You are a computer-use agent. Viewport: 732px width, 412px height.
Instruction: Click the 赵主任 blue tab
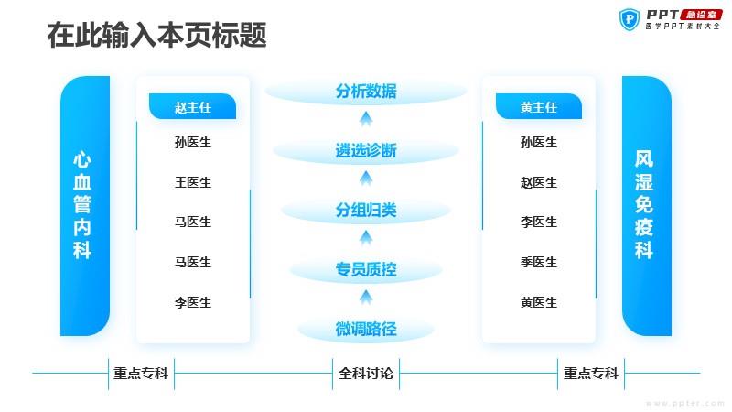click(192, 106)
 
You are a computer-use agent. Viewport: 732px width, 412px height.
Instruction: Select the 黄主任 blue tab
click(539, 106)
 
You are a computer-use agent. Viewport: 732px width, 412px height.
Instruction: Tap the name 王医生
click(193, 182)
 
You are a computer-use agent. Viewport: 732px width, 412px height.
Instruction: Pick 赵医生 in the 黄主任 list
click(539, 182)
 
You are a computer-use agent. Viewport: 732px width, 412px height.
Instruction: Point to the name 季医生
click(539, 262)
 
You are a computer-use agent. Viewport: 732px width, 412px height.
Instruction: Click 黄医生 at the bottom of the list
click(539, 302)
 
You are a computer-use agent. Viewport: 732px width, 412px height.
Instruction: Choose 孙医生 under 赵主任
click(193, 142)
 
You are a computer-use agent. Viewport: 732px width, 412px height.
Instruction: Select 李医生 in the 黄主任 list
click(539, 222)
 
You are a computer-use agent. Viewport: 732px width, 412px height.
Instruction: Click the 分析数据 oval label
click(366, 91)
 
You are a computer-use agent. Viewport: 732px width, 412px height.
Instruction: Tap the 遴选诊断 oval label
click(366, 150)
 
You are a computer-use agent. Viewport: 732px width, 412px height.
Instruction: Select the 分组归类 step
click(366, 211)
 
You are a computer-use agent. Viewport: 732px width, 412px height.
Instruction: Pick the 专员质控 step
click(366, 269)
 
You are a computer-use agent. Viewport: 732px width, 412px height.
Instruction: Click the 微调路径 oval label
click(366, 329)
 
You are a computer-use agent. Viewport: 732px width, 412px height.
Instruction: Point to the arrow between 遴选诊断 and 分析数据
click(366, 119)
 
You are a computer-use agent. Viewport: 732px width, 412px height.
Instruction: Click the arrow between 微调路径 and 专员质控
click(366, 298)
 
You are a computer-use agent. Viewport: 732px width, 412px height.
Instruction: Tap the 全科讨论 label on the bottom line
click(366, 374)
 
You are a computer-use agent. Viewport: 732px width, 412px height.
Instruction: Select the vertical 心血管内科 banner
click(85, 205)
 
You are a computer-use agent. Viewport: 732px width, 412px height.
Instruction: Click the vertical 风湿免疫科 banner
click(647, 205)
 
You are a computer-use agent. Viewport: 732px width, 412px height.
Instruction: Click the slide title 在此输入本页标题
click(156, 35)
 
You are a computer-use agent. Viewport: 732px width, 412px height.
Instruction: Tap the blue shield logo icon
click(630, 19)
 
